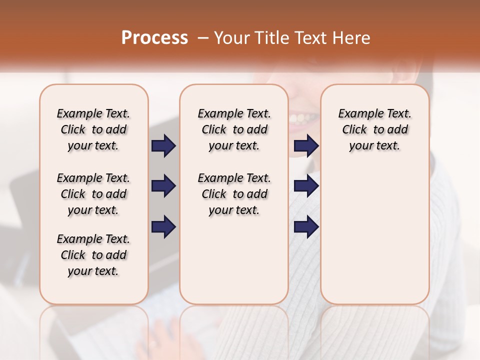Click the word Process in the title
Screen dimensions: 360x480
coord(154,38)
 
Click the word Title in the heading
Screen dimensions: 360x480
coord(270,38)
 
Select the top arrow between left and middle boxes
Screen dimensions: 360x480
coord(163,146)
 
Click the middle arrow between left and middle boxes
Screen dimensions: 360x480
coord(163,186)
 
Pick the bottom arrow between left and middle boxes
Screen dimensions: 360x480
coord(163,227)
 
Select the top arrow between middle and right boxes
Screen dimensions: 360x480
coord(306,146)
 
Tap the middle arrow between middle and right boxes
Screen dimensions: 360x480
coord(306,186)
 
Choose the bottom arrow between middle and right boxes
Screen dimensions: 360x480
coord(306,227)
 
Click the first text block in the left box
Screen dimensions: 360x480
coord(93,129)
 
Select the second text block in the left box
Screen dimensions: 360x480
coord(93,194)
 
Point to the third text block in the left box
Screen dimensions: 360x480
coord(93,255)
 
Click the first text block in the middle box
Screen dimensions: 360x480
coord(234,129)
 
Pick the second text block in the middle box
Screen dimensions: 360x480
coord(234,194)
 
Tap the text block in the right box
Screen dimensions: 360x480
coord(375,129)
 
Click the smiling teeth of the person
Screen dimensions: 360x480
coord(302,119)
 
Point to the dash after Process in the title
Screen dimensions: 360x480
coord(203,38)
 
